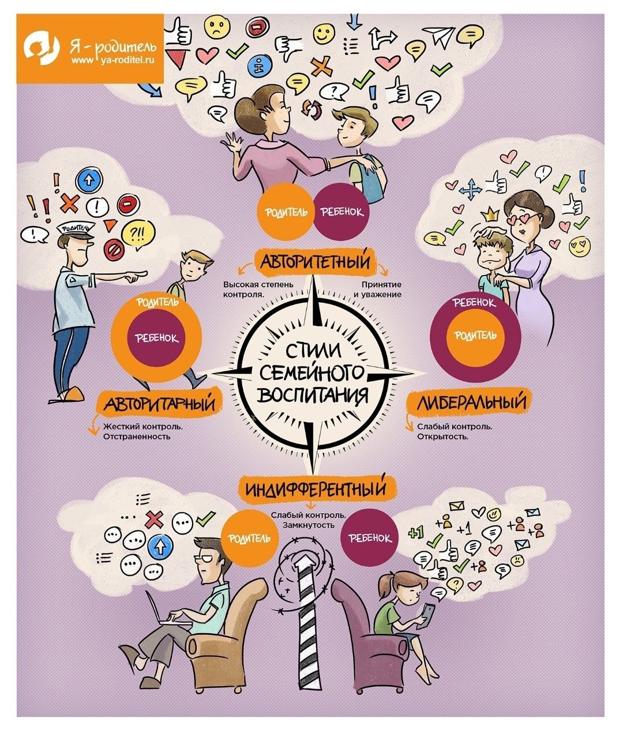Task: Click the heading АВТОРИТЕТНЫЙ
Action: [315, 262]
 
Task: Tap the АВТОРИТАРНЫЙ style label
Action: [159, 402]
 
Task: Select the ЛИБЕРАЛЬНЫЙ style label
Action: [471, 401]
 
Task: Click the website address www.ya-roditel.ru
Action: [112, 61]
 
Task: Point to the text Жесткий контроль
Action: [142, 426]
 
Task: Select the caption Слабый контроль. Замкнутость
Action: [309, 520]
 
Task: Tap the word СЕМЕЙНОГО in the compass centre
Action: [313, 373]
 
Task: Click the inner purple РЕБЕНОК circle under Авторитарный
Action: [156, 338]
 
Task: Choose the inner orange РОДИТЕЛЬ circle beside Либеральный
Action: [475, 336]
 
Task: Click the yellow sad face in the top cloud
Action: [217, 27]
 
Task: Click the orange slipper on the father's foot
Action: [73, 394]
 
